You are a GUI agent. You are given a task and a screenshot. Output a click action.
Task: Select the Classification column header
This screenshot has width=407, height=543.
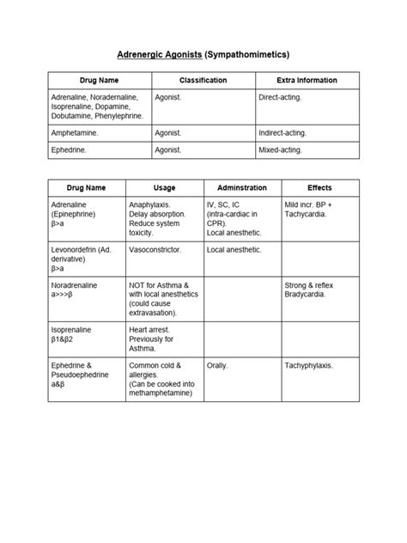coord(203,80)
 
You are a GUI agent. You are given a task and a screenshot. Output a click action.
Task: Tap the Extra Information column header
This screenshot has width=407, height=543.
coord(307,80)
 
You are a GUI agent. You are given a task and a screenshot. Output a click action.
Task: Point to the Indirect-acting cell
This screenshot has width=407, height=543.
coord(282,133)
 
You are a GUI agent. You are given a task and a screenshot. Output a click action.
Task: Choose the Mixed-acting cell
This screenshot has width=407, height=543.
coord(281,150)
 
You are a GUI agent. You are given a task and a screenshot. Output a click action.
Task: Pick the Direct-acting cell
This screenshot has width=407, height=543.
coord(280,98)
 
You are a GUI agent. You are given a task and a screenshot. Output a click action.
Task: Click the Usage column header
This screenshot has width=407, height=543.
coord(164,188)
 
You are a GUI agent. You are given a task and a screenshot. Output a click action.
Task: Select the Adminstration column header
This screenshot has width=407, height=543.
coord(242,188)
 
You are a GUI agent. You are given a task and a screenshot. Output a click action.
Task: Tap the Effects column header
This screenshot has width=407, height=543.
coord(319,188)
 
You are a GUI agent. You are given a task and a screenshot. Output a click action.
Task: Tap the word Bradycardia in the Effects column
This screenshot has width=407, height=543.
coord(307,294)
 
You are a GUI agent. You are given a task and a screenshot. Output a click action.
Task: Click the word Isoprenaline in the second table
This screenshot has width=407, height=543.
coord(72,330)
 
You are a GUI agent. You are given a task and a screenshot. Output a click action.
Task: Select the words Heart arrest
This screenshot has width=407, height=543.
coord(150,330)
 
